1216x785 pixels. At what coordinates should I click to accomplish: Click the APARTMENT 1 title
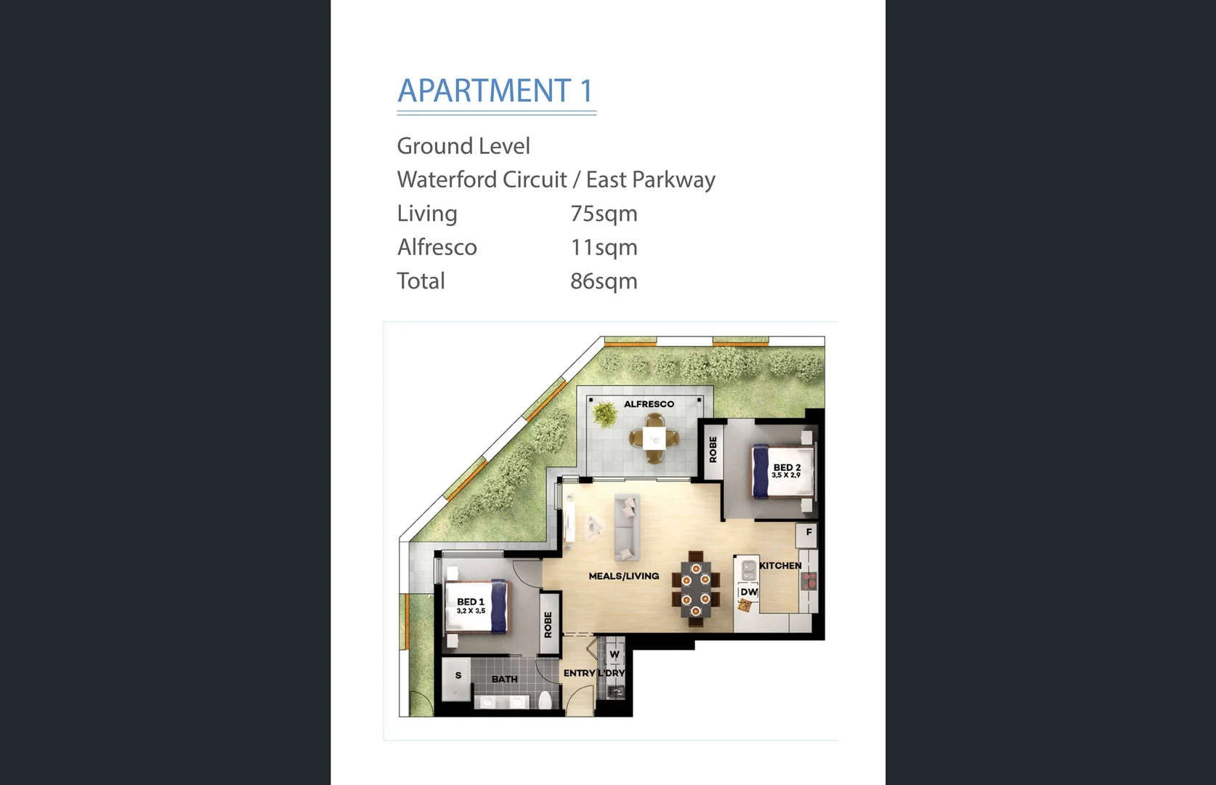pos(495,92)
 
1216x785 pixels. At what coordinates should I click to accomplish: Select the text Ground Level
pos(463,146)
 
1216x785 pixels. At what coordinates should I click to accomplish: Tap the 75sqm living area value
pos(604,214)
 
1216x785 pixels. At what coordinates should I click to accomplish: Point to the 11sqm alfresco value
pos(604,248)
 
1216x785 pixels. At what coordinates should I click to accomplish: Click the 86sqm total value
pos(604,281)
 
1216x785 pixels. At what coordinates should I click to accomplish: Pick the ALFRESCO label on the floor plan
pos(649,404)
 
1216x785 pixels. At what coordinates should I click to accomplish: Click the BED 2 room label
pos(787,467)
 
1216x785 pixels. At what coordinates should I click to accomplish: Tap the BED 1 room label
pos(471,602)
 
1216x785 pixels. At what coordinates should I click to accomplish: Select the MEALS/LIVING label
pos(624,576)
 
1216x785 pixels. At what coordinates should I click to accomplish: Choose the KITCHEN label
pos(780,565)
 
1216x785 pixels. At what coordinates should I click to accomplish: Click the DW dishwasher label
pos(749,592)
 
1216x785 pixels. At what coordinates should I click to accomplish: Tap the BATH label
pos(505,679)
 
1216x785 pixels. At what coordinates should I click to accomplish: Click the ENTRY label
pos(579,673)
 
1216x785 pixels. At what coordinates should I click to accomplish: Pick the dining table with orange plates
pos(696,589)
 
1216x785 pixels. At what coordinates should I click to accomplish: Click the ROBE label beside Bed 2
pos(713,450)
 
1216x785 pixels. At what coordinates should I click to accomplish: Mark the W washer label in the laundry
pos(615,654)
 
